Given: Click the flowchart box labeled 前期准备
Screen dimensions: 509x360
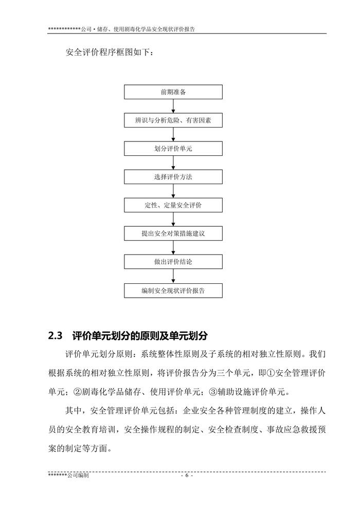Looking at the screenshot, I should [173, 92].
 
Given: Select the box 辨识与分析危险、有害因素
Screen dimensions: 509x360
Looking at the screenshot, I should [173, 120].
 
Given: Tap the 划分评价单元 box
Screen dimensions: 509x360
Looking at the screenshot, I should [173, 149].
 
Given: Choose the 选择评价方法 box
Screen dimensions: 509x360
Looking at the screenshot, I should [173, 177].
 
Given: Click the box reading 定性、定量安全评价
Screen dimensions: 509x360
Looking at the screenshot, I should [173, 205].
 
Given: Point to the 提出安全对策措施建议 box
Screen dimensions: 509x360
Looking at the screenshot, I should [173, 233].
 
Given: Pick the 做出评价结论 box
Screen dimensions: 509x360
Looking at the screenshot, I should [173, 262].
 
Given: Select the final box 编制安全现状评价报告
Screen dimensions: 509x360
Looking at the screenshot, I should [173, 290].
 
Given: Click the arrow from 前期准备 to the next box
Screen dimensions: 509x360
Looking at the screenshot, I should [173, 106].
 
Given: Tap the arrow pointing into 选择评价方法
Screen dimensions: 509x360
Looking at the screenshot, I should [173, 162].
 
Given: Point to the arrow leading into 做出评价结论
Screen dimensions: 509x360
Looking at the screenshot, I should [173, 247].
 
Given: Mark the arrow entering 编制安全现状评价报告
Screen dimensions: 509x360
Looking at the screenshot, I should [173, 276].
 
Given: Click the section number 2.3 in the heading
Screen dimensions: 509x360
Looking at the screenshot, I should [55, 336].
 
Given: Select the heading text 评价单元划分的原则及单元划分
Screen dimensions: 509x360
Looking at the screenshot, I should [140, 336].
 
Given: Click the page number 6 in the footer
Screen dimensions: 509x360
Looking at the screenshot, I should [186, 476].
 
